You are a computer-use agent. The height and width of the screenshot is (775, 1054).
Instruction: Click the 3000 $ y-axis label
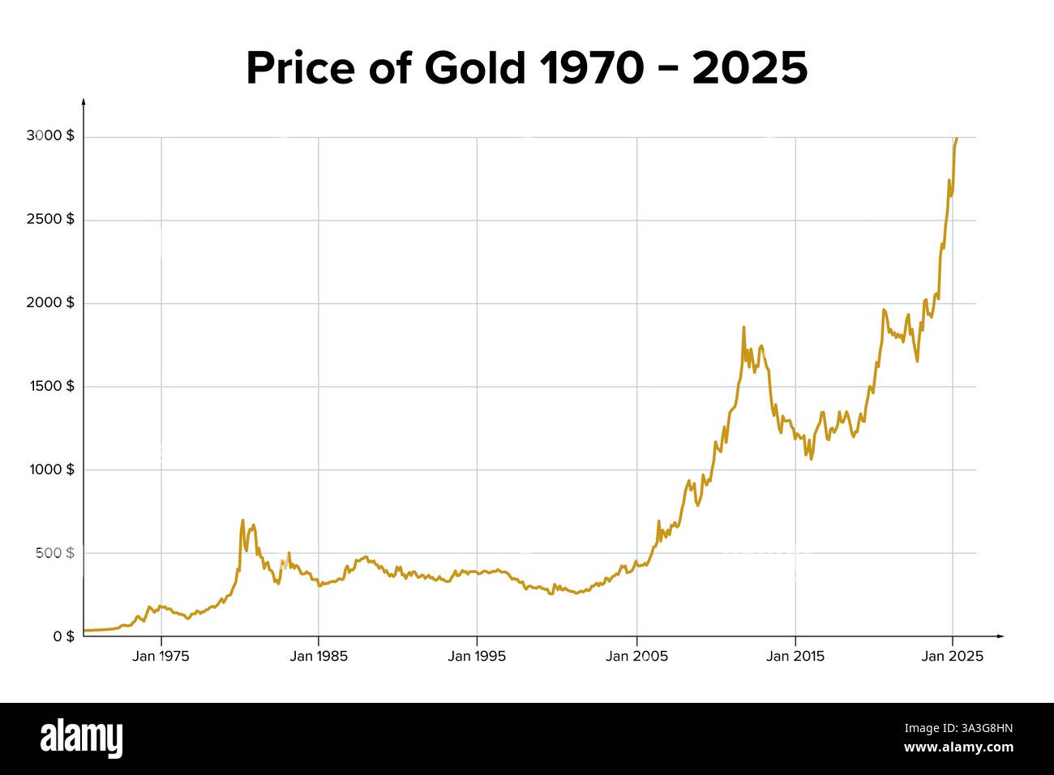point(50,136)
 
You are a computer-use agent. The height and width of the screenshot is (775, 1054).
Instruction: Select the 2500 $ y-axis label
point(50,220)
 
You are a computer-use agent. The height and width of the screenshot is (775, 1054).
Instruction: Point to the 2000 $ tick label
point(50,302)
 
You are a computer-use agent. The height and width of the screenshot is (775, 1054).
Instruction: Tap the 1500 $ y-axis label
point(50,386)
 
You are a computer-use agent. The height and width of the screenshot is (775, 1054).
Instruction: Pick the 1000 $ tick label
point(50,469)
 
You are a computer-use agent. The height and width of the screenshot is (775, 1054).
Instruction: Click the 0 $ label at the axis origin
point(62,636)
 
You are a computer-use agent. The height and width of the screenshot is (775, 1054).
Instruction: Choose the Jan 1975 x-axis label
point(161,657)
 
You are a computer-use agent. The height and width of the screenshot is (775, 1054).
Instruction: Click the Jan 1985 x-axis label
point(319,657)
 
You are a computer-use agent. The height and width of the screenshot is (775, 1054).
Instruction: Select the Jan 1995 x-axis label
point(477,657)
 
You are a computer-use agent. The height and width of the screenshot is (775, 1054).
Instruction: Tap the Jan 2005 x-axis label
point(636,657)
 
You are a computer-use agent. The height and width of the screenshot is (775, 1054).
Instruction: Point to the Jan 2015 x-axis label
point(795,657)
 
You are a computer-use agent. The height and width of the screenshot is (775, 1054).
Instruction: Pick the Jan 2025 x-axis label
point(953,657)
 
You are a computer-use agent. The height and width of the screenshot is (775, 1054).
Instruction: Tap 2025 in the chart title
point(750,68)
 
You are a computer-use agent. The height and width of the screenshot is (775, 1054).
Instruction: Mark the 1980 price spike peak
point(242,520)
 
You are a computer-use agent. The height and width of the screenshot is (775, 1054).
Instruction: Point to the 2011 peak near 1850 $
point(743,328)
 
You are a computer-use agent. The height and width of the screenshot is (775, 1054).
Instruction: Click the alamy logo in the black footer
point(82,738)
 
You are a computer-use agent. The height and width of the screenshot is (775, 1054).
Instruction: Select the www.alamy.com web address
point(958,747)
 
